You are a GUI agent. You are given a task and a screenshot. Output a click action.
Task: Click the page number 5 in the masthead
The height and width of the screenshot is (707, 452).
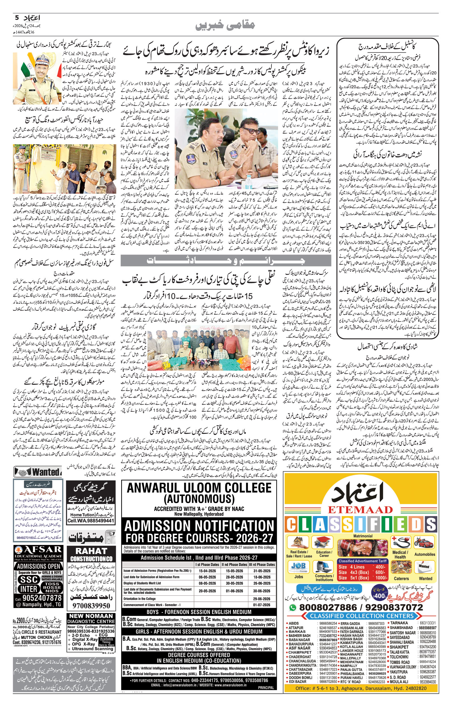17,18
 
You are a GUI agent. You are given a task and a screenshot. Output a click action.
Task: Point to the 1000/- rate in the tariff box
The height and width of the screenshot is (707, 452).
380,577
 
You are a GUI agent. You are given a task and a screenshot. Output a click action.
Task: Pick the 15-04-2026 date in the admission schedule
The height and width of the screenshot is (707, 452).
207,571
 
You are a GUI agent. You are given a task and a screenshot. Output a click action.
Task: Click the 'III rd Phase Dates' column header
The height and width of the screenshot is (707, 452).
262,564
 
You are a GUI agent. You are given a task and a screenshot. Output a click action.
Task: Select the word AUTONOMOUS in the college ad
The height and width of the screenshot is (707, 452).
199,499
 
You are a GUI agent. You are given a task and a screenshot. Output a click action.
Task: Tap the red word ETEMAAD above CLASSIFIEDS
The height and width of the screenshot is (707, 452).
360,510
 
